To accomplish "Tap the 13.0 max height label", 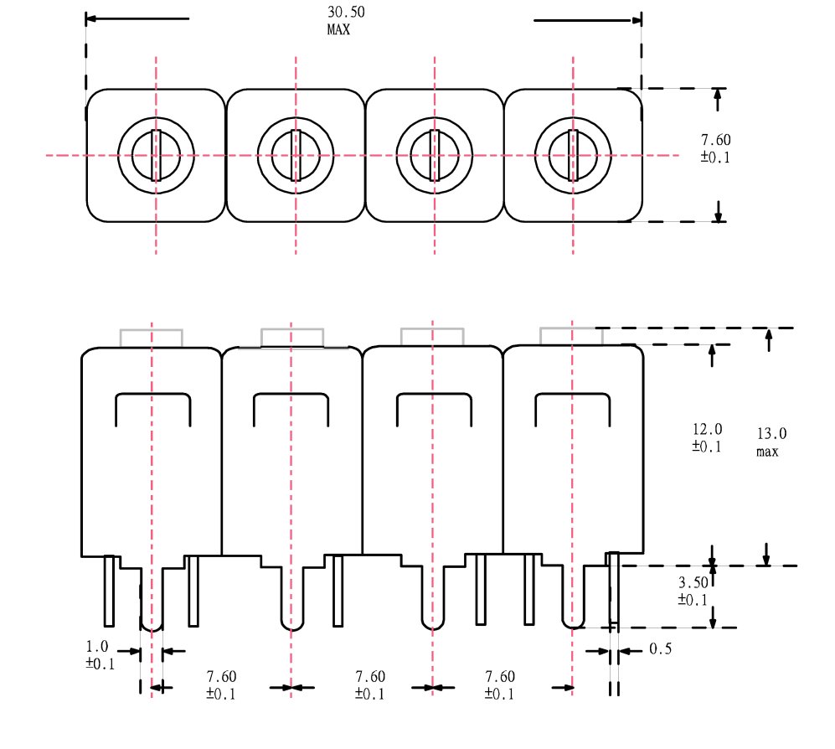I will (x=771, y=442).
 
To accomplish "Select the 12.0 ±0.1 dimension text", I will (x=706, y=437).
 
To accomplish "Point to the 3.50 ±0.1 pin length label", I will (x=693, y=591).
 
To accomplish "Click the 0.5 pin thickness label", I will (x=660, y=649).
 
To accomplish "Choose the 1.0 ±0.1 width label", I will (x=99, y=654).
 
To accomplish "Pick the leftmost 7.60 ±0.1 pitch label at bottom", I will (x=221, y=684).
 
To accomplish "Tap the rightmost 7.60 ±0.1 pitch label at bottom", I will (x=500, y=684).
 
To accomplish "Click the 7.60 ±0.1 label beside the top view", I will (x=715, y=147).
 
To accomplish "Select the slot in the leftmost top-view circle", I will (x=157, y=155).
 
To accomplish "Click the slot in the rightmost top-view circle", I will (x=573, y=155).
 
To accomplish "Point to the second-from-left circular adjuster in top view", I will (x=296, y=155).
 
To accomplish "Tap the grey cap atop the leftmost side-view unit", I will (x=152, y=338).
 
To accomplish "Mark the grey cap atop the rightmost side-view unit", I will (x=571, y=335).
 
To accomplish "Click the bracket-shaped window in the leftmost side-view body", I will (x=152, y=409).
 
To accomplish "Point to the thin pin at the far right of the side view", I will (x=614, y=591).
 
